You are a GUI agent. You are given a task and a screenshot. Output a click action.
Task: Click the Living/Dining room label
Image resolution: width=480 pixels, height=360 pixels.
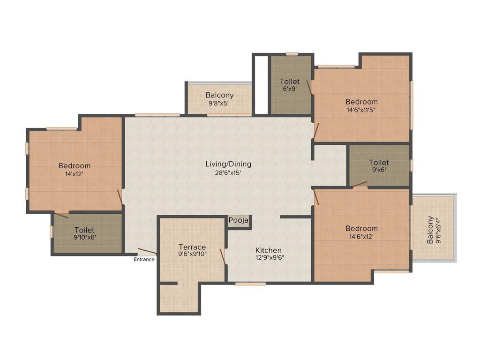(x=228, y=164)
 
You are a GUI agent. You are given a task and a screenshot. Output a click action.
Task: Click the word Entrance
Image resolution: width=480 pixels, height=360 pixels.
(x=144, y=259)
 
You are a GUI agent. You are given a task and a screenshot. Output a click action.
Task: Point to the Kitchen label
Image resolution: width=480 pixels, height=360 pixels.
(x=268, y=250)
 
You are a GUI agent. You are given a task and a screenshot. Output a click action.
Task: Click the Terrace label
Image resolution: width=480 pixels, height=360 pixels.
(x=192, y=247)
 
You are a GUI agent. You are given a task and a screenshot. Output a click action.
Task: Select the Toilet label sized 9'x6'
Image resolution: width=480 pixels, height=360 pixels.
(x=379, y=163)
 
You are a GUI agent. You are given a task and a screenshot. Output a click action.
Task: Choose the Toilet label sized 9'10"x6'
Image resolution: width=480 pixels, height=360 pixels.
(x=85, y=230)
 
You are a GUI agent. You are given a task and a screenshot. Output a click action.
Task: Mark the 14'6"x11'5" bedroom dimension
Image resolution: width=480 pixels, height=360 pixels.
(x=361, y=110)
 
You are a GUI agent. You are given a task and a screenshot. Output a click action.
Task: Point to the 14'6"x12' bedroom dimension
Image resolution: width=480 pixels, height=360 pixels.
(x=361, y=236)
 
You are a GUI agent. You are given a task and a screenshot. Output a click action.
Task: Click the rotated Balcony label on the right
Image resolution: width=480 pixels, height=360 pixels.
(x=430, y=230)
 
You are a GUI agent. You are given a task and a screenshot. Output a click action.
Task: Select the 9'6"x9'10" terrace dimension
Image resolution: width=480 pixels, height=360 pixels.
(x=192, y=254)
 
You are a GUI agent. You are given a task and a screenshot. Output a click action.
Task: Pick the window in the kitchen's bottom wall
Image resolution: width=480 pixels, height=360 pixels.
(x=250, y=284)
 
